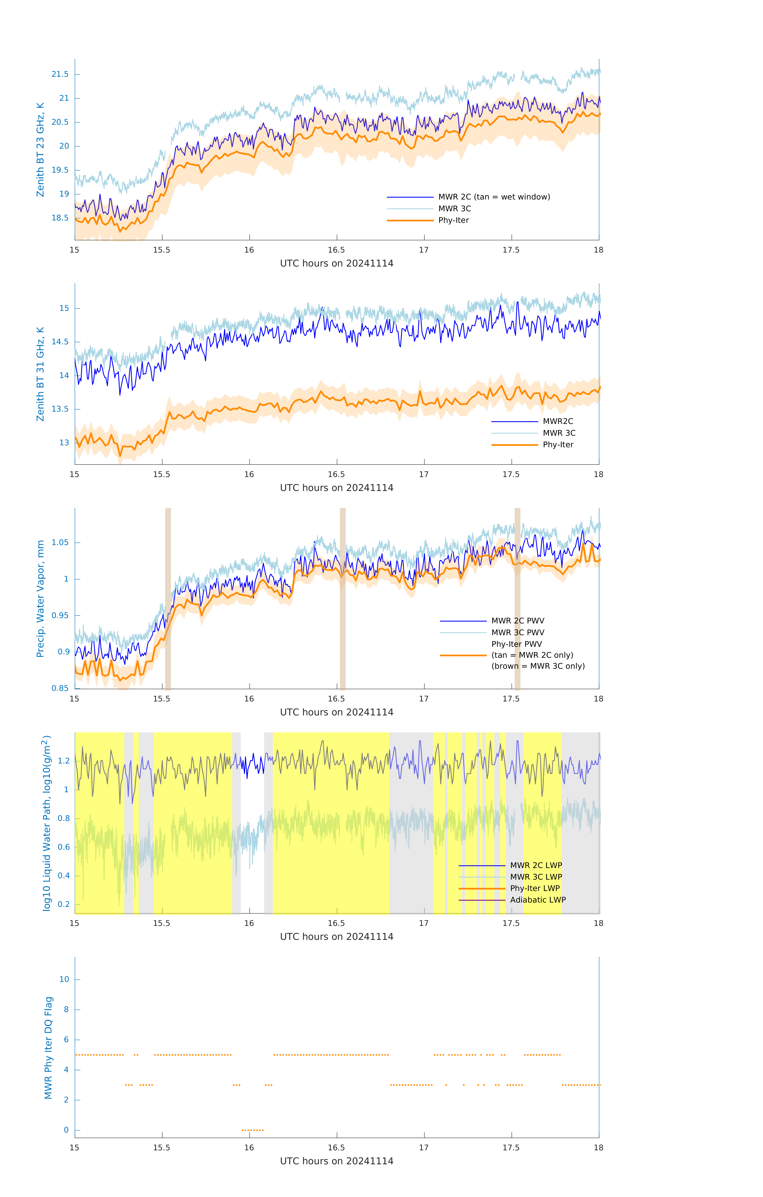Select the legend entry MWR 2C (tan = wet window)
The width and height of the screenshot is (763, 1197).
pyautogui.click(x=494, y=197)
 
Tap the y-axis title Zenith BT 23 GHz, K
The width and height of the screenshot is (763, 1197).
pyautogui.click(x=40, y=150)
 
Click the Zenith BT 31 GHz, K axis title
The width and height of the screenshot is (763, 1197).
pyautogui.click(x=40, y=374)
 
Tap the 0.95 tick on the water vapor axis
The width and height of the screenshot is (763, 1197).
pyautogui.click(x=60, y=615)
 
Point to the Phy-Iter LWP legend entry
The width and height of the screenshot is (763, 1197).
pyautogui.click(x=534, y=888)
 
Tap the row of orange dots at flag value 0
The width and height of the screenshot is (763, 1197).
pyautogui.click(x=253, y=1130)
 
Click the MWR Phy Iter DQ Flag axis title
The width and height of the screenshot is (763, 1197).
pyautogui.click(x=48, y=1048)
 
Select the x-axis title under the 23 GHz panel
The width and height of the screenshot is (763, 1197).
pyautogui.click(x=337, y=264)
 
